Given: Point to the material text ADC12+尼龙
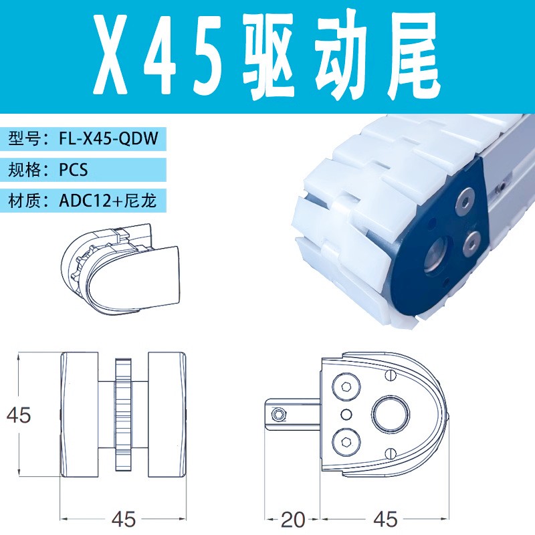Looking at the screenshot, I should pos(107,200).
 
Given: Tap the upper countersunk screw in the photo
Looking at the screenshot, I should pos(463,199).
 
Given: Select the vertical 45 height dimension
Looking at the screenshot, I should pos(19,415).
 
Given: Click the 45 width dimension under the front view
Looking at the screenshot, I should pos(124,519).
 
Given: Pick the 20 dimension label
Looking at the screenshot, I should pos(293,519).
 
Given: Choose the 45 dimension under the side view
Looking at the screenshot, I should pos(384,519).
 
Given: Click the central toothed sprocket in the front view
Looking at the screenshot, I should pos(123,415).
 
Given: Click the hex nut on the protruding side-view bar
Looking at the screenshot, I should pos(276,415).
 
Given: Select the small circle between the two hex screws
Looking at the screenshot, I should pos(346,413).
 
